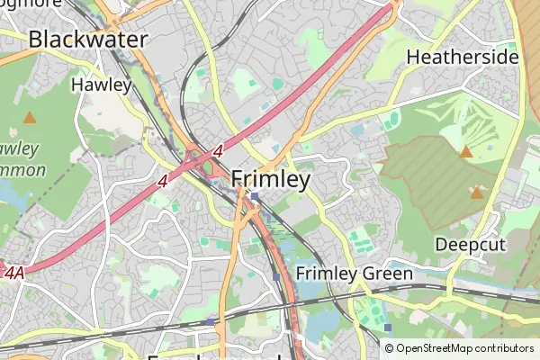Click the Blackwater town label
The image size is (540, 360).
point(88,39)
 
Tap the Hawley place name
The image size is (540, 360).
point(101,85)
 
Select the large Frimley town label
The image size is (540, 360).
point(271,179)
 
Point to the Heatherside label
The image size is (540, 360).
point(463,58)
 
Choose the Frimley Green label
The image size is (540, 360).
point(354,274)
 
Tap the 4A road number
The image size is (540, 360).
point(13,271)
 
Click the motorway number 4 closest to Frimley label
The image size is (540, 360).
point(218,154)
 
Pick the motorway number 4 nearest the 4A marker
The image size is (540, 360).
point(163,181)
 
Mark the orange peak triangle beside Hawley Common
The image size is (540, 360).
point(30,117)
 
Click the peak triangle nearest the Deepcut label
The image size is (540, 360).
point(476,193)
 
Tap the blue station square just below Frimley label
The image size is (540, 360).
point(256,197)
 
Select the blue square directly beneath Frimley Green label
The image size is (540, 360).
point(387,327)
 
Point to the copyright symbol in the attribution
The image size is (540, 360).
point(390,348)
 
